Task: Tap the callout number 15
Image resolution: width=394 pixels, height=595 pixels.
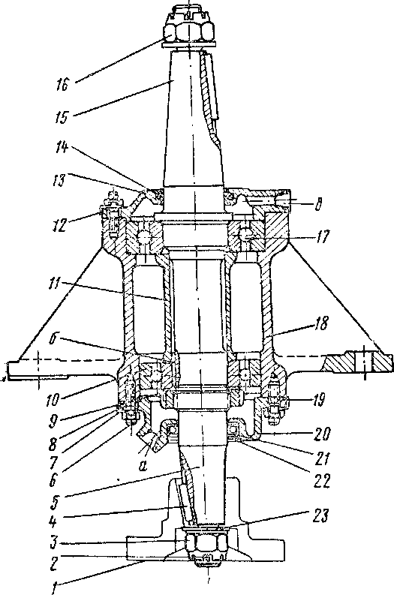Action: [x=60, y=117]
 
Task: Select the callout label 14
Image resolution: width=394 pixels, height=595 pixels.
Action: [x=62, y=148]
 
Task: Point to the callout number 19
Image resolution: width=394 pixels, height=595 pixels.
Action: [x=319, y=401]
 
